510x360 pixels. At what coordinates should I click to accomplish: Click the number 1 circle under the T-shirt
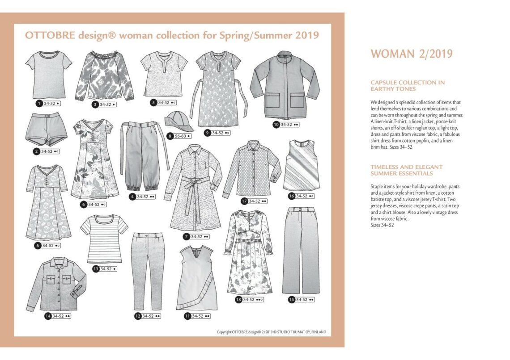point(39,103)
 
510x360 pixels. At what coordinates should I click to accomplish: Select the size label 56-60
point(181,136)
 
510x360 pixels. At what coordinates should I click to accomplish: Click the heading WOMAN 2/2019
point(412,54)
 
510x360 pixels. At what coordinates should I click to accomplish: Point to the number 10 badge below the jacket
point(276,125)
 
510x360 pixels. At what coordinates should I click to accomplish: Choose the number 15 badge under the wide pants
point(292,299)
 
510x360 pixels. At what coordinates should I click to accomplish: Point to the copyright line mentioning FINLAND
point(272,332)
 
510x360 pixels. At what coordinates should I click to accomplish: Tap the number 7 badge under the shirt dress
point(186,236)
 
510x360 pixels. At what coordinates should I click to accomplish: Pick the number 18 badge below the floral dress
point(238,299)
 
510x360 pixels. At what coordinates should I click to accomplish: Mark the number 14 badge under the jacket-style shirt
point(47,316)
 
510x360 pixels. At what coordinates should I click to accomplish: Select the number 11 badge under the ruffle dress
point(187,316)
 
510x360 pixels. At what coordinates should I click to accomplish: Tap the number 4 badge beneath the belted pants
point(132,197)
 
